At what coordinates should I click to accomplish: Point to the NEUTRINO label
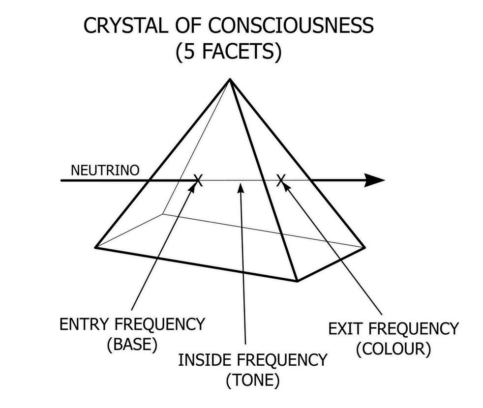[x=105, y=170]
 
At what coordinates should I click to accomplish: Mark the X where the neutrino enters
[x=198, y=180]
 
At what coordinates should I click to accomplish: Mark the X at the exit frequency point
[x=281, y=180]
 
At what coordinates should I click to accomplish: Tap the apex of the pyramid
[x=229, y=79]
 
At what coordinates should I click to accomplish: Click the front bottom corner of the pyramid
[x=297, y=281]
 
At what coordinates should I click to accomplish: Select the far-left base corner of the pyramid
[x=95, y=247]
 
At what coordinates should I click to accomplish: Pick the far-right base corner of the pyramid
[x=364, y=247]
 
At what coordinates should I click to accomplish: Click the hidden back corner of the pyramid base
[x=163, y=214]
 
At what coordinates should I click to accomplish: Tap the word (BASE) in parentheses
[x=131, y=345]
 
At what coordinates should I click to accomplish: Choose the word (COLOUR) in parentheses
[x=393, y=349]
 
